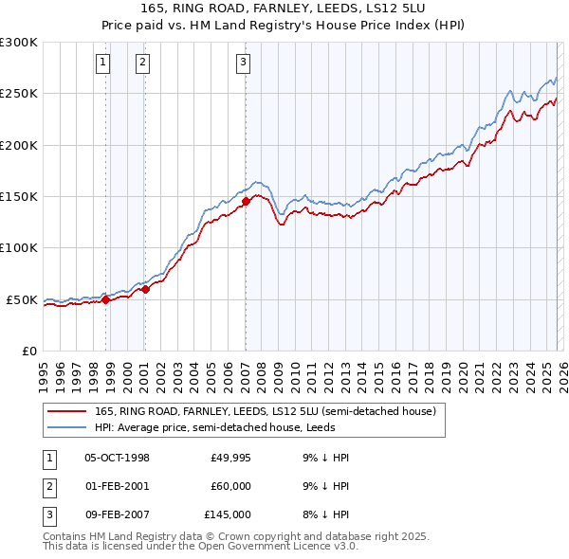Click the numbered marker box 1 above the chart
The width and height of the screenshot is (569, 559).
point(102,63)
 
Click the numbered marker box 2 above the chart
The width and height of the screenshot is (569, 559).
point(142,63)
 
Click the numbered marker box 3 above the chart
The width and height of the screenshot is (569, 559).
point(244,63)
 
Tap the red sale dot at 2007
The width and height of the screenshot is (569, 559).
point(246,201)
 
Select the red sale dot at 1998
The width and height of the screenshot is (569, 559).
point(105,299)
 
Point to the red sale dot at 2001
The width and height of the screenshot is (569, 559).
point(145,289)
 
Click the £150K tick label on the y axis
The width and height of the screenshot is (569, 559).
point(19,196)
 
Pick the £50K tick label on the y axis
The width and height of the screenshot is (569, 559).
point(22,299)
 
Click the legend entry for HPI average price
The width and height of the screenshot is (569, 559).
point(202,427)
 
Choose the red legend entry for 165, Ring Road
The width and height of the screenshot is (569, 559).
point(265,411)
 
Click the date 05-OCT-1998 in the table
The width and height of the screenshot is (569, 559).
point(117,458)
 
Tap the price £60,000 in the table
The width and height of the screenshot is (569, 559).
point(230,486)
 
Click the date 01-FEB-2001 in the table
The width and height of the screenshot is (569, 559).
point(117,486)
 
